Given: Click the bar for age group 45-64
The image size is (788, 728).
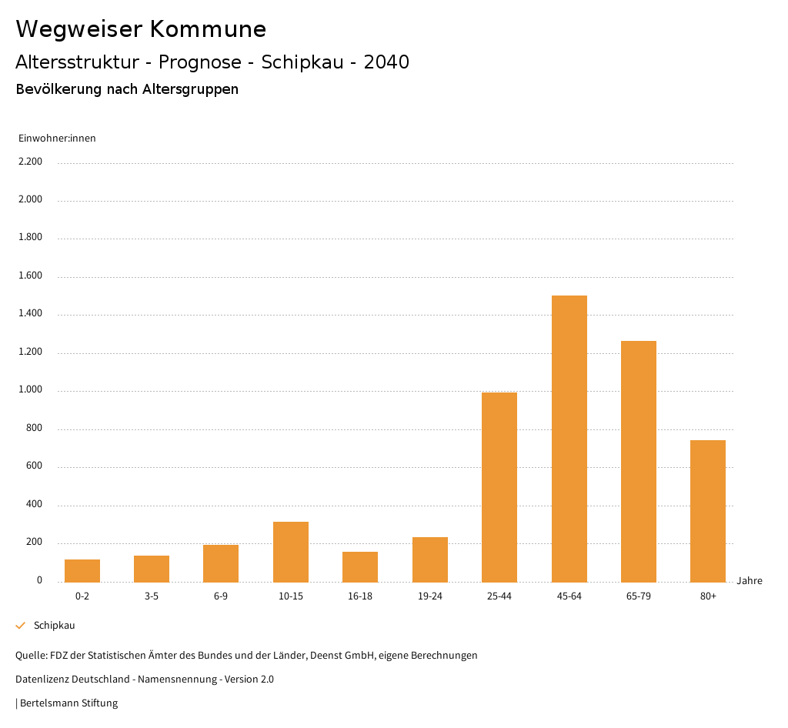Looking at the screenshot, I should click(x=569, y=439).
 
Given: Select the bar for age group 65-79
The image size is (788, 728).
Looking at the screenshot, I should click(x=639, y=462).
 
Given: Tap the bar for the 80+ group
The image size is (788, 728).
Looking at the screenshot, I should click(x=708, y=511).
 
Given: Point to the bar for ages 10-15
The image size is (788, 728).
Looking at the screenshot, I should click(x=291, y=552).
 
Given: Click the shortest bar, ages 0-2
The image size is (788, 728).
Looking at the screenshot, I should click(x=82, y=570).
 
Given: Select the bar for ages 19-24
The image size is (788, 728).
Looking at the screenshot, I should click(x=430, y=559).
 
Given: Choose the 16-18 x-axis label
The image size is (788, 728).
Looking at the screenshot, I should click(x=360, y=596).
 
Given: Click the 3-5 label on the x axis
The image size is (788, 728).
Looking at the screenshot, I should click(x=152, y=596).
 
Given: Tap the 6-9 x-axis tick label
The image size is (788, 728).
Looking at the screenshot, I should click(x=221, y=596).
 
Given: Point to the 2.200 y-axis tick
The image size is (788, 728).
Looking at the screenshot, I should click(x=30, y=162).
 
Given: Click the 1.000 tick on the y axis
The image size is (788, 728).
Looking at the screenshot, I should click(x=30, y=389).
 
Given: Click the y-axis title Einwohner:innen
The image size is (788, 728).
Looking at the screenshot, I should click(x=57, y=139).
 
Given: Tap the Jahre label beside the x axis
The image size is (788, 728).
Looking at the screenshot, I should click(x=750, y=581).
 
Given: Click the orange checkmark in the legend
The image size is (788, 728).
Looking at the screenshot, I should click(x=21, y=626).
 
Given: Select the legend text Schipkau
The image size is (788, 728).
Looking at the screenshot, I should click(x=54, y=626).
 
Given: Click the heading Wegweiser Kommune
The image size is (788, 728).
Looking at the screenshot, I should click(x=141, y=29).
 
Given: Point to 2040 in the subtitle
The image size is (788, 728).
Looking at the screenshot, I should click(x=386, y=62).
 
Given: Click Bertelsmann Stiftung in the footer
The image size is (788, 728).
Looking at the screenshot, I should click(x=68, y=703).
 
